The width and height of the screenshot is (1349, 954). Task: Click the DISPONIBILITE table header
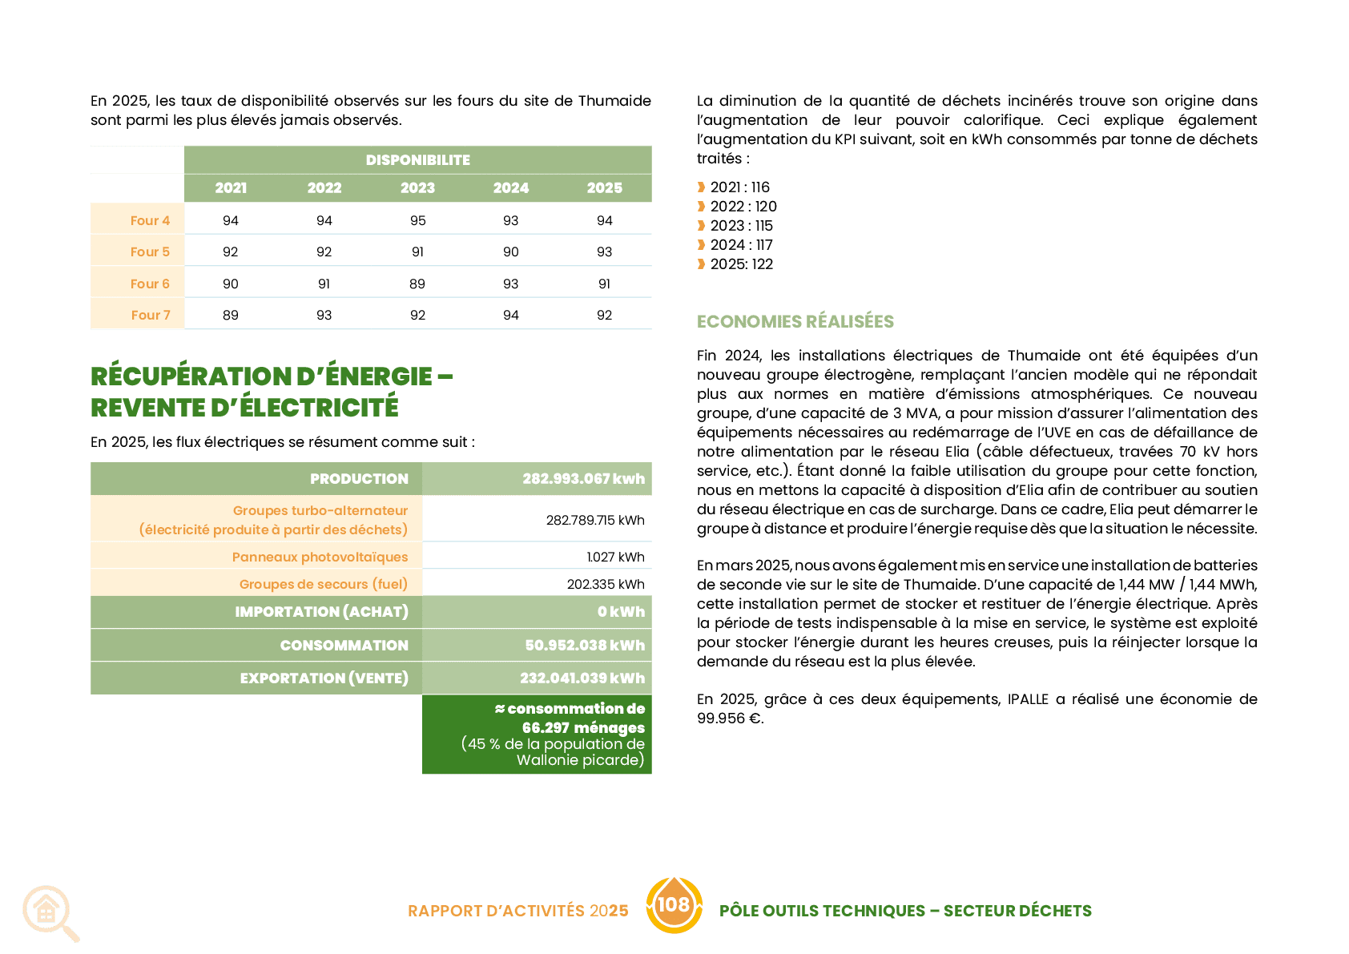(x=417, y=159)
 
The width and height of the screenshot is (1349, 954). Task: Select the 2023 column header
(x=417, y=188)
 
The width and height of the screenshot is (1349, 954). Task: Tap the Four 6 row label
(x=150, y=284)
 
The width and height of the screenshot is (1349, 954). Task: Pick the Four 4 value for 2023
(x=417, y=220)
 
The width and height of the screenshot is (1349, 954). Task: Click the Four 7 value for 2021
(x=231, y=315)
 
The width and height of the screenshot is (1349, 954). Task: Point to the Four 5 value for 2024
(x=511, y=252)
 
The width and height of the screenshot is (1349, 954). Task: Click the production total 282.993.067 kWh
(x=583, y=479)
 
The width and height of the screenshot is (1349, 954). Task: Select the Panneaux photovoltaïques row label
(x=320, y=558)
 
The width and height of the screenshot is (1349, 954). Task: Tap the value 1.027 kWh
(x=615, y=558)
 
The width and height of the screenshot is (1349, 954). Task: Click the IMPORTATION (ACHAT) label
(x=321, y=612)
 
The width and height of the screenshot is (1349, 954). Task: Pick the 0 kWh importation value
(x=621, y=612)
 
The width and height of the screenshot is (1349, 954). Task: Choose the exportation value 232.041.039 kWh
(x=582, y=678)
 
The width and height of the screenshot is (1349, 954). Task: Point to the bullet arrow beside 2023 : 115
(x=701, y=226)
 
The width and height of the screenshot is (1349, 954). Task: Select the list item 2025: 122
(x=741, y=264)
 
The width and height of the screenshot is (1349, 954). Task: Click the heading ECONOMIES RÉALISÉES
(x=795, y=322)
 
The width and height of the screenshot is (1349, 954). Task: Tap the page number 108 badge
(x=674, y=905)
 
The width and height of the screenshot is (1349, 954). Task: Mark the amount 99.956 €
(x=730, y=719)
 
